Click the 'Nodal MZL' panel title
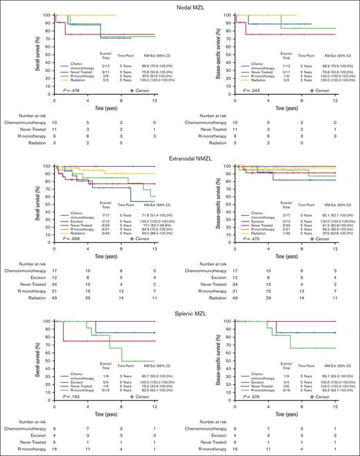181,6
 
